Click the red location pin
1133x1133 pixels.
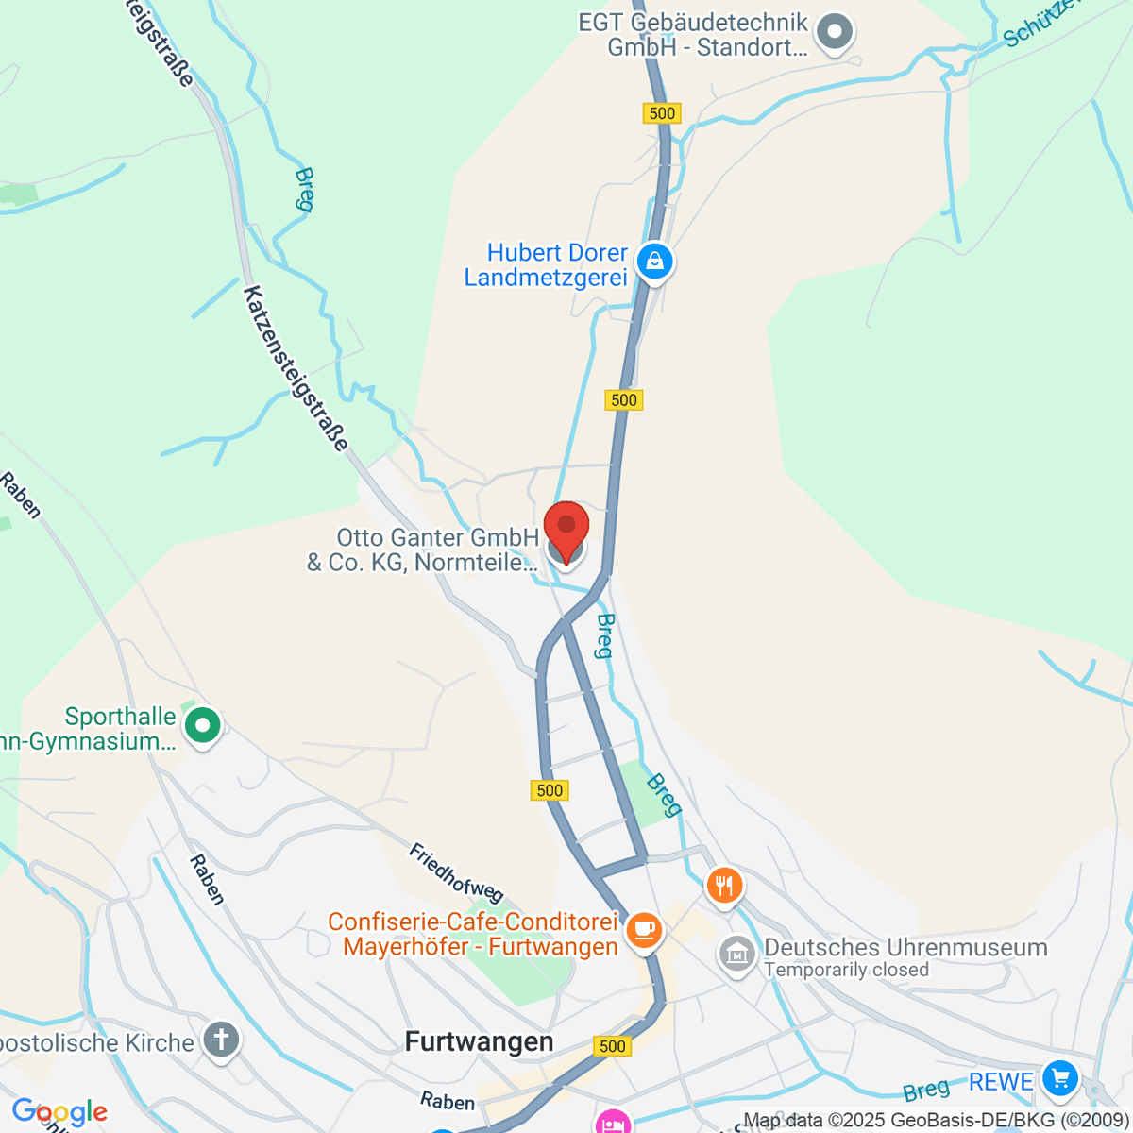pyautogui.click(x=566, y=530)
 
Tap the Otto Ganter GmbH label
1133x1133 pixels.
pyautogui.click(x=423, y=550)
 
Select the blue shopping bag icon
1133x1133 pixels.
pyautogui.click(x=654, y=261)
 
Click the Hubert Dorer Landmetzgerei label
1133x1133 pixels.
pyautogui.click(x=547, y=265)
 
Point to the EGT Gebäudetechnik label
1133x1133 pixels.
pyautogui.click(x=694, y=35)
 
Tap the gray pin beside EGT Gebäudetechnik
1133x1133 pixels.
pyautogui.click(x=835, y=33)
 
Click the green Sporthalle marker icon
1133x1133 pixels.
pyautogui.click(x=202, y=726)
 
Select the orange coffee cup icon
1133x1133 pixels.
pyautogui.click(x=646, y=929)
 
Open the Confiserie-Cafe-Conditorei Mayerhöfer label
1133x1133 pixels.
pyautogui.click(x=474, y=934)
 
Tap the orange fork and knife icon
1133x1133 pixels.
pyautogui.click(x=724, y=886)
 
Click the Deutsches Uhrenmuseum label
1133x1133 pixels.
pyautogui.click(x=905, y=947)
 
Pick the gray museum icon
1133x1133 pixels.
pyautogui.click(x=737, y=954)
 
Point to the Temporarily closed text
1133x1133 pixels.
pyautogui.click(x=846, y=970)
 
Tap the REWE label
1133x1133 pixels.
pyautogui.click(x=1001, y=1082)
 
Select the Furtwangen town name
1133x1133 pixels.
pyautogui.click(x=479, y=1041)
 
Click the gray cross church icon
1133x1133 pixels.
pyautogui.click(x=221, y=1040)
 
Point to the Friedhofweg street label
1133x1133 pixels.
pyautogui.click(x=456, y=872)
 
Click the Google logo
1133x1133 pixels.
pyautogui.click(x=59, y=1112)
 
